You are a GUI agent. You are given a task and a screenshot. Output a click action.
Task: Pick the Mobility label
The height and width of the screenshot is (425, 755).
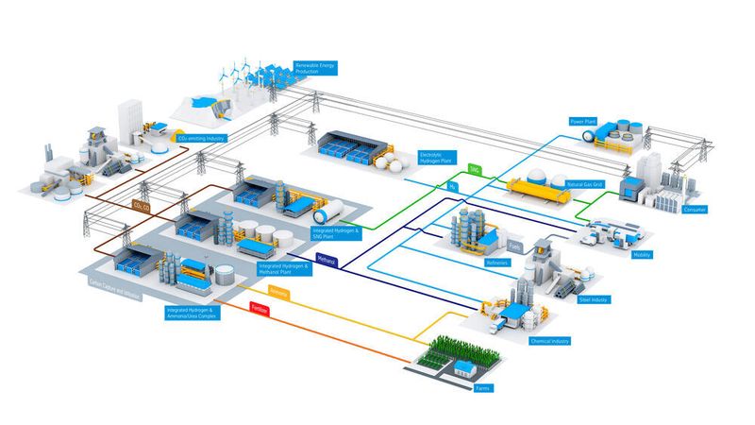642,254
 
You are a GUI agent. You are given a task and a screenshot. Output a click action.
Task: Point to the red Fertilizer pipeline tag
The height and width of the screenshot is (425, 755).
259,308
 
